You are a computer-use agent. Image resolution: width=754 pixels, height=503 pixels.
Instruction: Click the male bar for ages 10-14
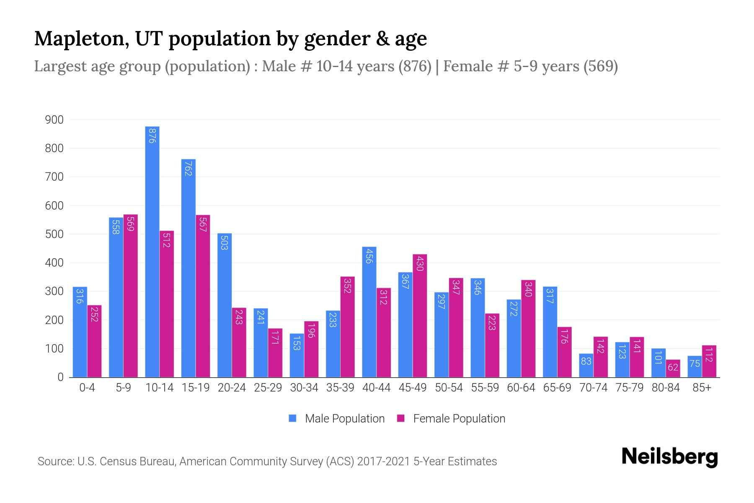coord(152,251)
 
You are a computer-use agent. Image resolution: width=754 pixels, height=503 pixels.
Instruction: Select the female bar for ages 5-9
coord(131,296)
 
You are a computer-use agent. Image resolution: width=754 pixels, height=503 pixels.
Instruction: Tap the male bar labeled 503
coord(225,305)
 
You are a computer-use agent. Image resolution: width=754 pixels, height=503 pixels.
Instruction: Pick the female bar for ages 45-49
coord(420,316)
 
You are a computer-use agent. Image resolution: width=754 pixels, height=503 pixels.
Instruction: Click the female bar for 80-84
coord(673,368)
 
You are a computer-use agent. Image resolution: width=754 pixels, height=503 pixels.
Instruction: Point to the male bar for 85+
coord(695,366)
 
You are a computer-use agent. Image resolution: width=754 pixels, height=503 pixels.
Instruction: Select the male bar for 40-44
coord(369,312)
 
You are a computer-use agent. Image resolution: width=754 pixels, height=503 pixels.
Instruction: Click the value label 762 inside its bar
coord(188,168)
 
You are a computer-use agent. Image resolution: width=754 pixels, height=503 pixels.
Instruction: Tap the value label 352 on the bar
coord(347,285)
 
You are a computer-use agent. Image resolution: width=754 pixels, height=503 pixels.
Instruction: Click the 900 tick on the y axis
coord(54,120)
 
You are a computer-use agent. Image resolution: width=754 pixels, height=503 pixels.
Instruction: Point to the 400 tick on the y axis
coord(54,263)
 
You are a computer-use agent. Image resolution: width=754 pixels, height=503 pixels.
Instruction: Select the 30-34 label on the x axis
coord(304,388)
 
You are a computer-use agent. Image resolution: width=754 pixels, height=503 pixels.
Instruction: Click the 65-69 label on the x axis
coord(557,388)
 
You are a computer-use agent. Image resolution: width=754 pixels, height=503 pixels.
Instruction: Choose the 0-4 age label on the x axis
coord(87,388)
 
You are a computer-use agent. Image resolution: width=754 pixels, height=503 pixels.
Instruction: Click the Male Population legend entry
coord(337,419)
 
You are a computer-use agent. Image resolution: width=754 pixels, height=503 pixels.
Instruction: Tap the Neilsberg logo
coord(669,457)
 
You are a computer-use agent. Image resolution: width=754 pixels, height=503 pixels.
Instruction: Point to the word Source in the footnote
coord(55,462)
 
